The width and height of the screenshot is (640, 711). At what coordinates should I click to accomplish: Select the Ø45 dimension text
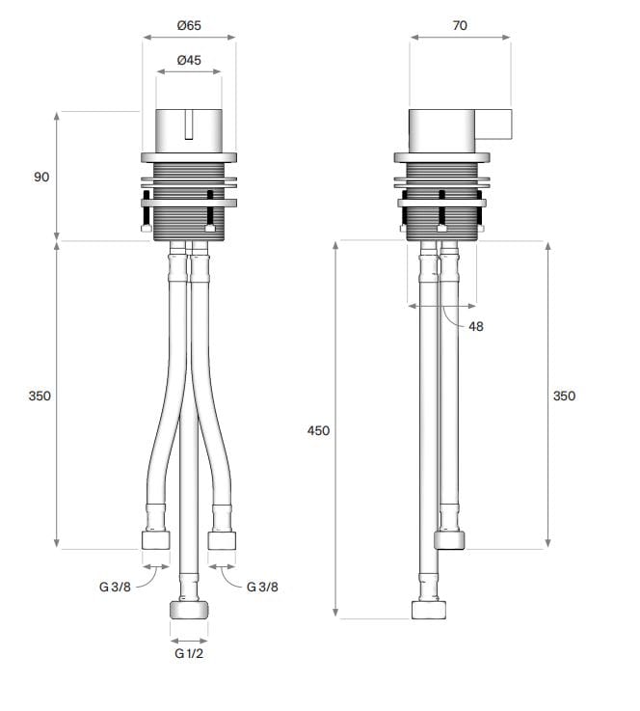tap(189, 60)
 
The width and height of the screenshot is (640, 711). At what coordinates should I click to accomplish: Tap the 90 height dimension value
tap(40, 178)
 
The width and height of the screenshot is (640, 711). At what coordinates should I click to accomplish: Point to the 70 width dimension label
tap(459, 25)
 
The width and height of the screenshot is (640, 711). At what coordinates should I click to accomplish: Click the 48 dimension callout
tap(476, 326)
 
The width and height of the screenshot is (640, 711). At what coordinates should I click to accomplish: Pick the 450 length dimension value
tap(318, 430)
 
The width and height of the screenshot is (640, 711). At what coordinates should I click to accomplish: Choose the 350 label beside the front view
tap(40, 396)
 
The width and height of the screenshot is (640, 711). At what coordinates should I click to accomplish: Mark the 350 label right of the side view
tap(564, 396)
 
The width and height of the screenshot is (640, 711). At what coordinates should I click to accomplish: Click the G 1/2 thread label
tap(189, 653)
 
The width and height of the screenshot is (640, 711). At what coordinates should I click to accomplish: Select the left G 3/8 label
tap(115, 587)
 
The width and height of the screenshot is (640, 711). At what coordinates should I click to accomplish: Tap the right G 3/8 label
tap(263, 587)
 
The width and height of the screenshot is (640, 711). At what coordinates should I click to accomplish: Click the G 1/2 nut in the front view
tap(189, 609)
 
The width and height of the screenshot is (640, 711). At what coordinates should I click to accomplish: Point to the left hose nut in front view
tap(156, 539)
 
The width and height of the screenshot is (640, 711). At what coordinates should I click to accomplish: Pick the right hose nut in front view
tap(222, 539)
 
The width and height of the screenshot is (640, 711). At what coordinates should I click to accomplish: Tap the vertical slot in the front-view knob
tap(189, 125)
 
